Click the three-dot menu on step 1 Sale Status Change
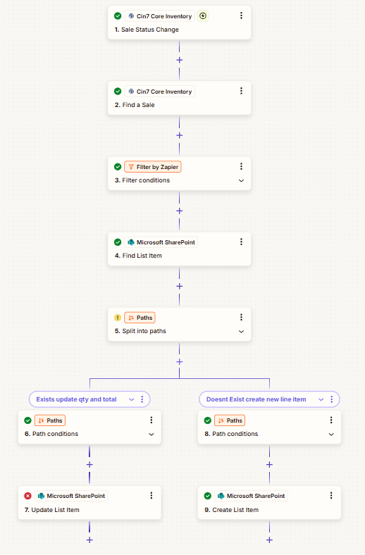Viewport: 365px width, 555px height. (241, 15)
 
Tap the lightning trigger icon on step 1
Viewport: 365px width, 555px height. (203, 16)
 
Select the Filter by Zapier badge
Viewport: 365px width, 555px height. (153, 167)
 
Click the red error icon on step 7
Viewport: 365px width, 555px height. (27, 496)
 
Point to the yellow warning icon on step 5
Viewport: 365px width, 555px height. (118, 318)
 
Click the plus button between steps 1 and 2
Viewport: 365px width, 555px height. (180, 60)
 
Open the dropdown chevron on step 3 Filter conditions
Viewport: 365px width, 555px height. (241, 180)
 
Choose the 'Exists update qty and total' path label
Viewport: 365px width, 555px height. (76, 399)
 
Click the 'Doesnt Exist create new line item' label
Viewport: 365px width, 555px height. (256, 399)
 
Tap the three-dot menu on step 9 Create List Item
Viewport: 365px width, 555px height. (331, 496)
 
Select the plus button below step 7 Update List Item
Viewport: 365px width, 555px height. (89, 540)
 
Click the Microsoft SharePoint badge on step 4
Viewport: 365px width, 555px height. (161, 242)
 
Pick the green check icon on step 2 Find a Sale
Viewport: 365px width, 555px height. (118, 92)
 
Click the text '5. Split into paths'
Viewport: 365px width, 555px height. (140, 331)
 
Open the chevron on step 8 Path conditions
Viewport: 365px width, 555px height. (331, 435)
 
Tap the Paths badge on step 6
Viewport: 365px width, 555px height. (50, 420)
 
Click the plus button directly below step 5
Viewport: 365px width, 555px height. (180, 362)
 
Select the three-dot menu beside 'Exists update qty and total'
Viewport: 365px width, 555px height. (142, 399)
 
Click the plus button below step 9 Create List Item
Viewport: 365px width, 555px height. (269, 540)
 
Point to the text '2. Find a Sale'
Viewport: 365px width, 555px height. (135, 105)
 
